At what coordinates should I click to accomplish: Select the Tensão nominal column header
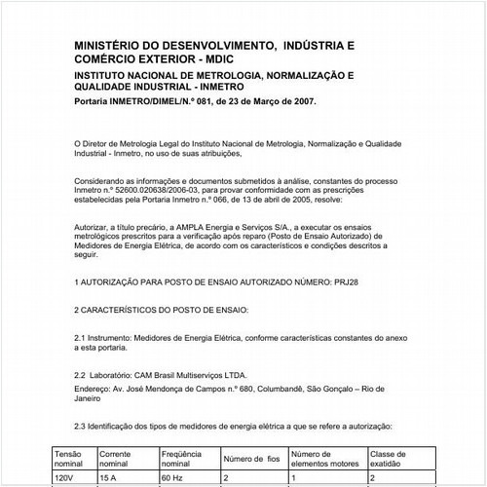coord(71,458)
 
